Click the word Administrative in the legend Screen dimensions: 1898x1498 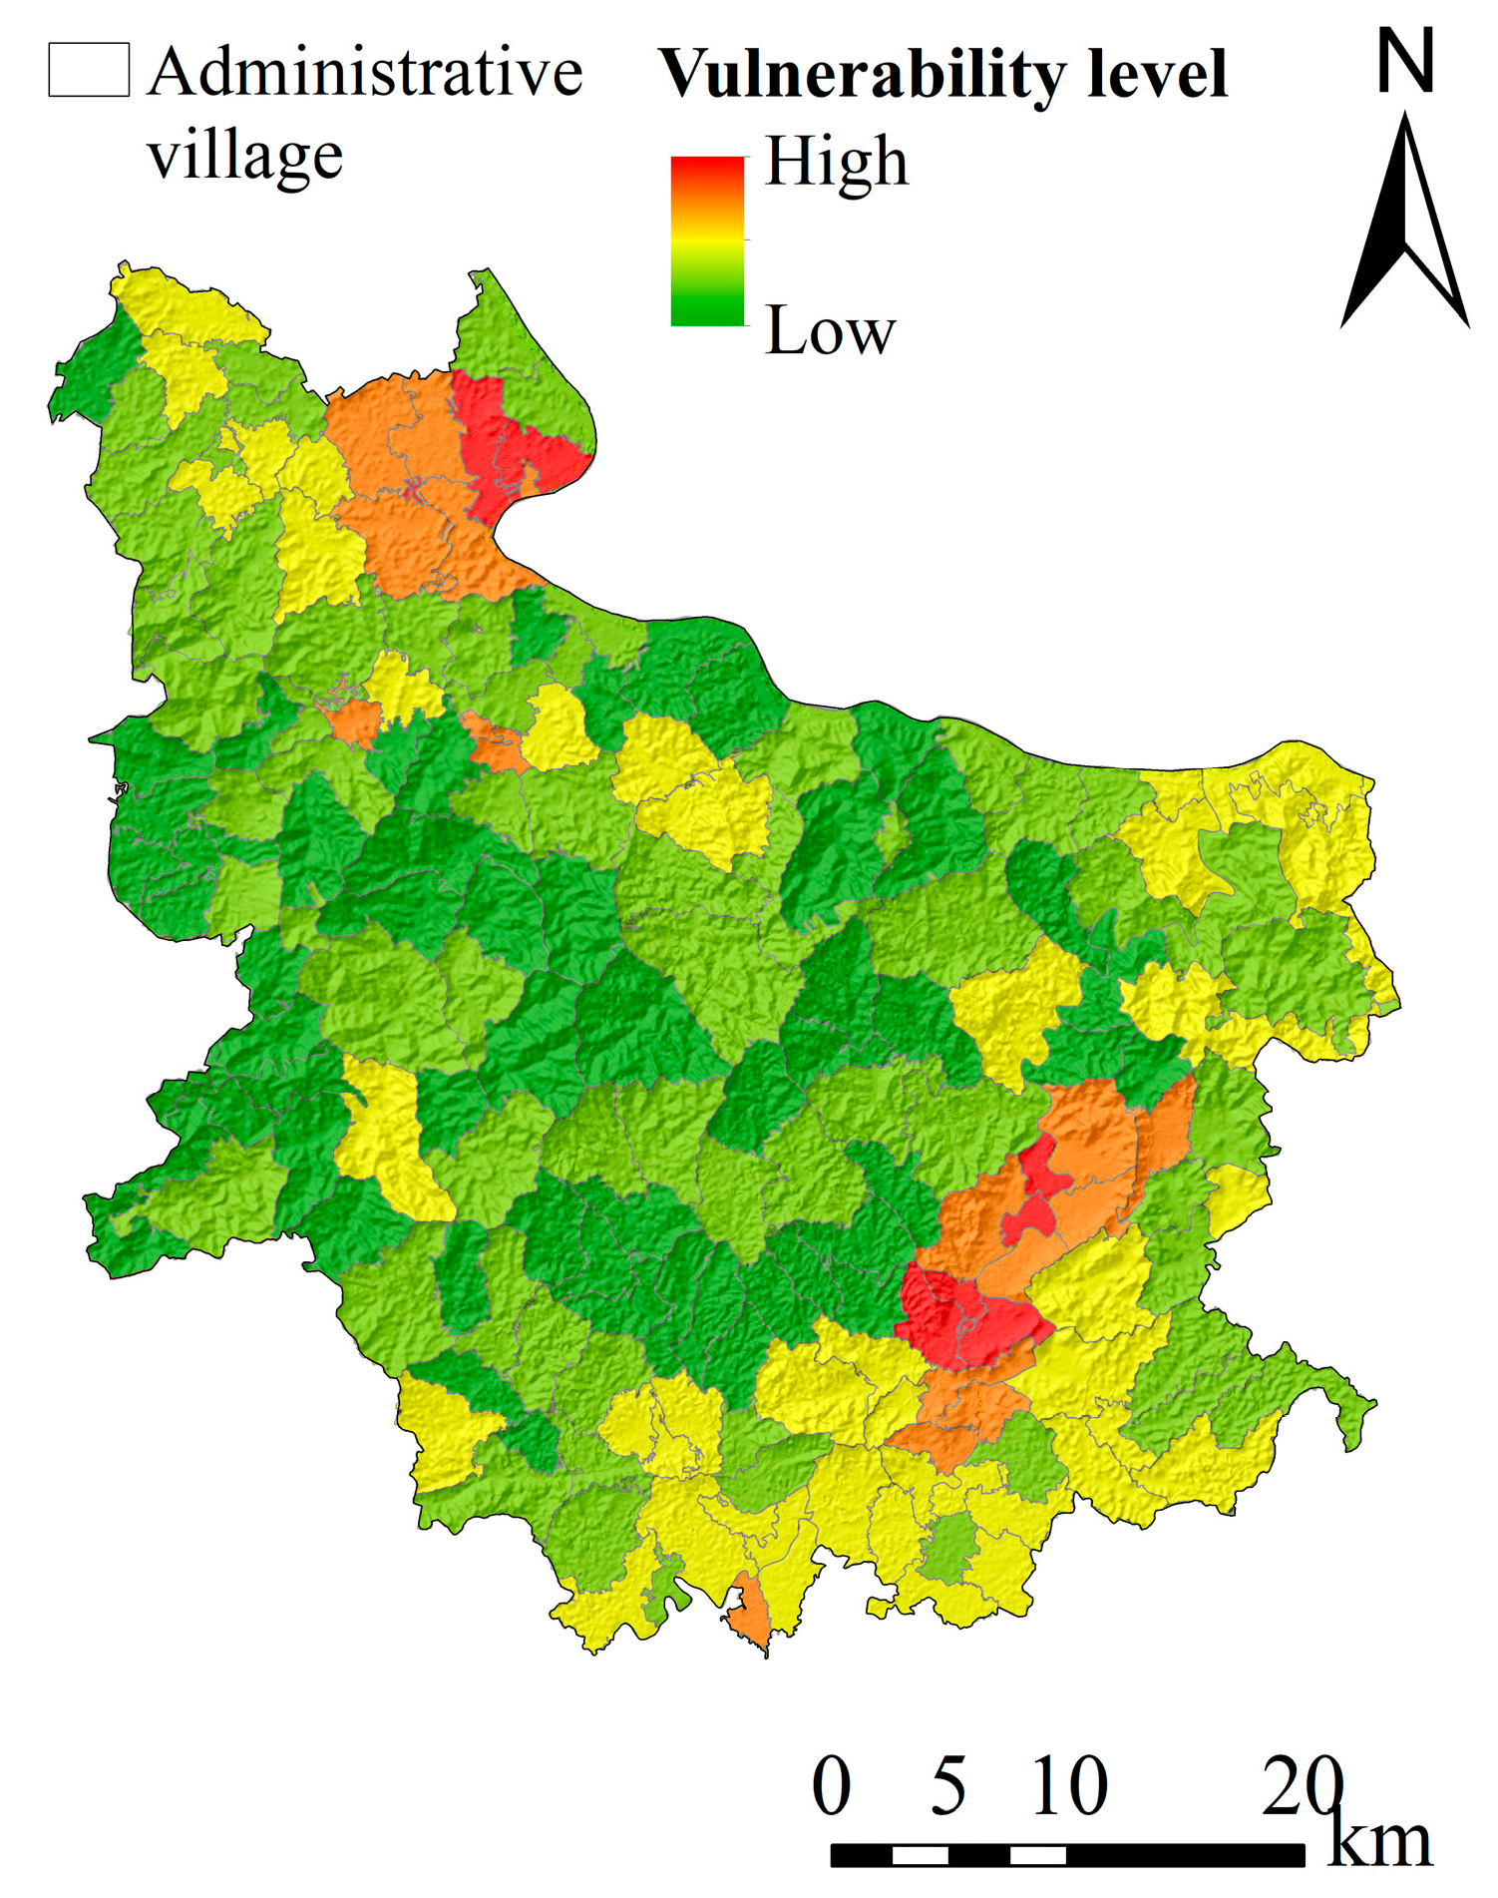tap(365, 72)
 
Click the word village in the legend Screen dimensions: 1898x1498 tap(245, 156)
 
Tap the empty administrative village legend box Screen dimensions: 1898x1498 tap(89, 70)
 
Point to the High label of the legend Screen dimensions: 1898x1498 tap(836, 162)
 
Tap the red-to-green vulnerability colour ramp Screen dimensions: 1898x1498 tap(708, 241)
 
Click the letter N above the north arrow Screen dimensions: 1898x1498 tap(1405, 61)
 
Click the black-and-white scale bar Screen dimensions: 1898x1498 tap(1067, 1855)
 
